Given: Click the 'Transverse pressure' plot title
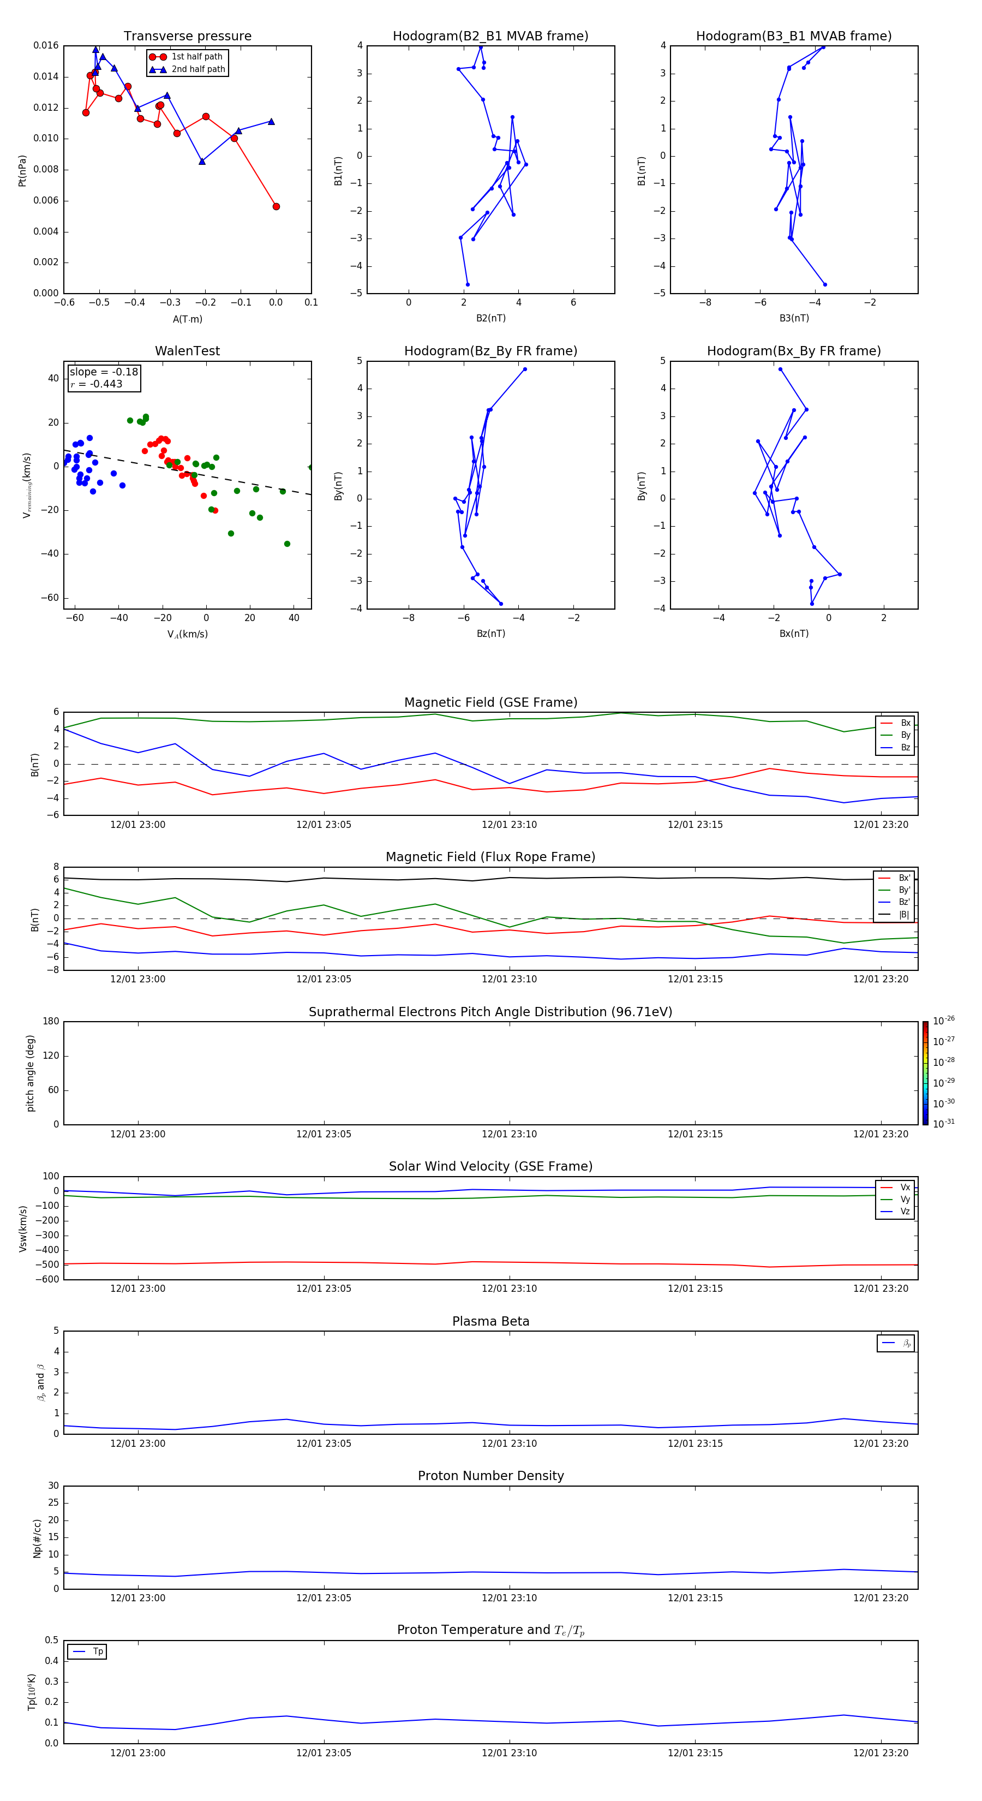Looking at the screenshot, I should coord(187,37).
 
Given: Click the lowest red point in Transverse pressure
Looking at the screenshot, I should coord(276,206).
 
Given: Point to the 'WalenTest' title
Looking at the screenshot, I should coord(187,351).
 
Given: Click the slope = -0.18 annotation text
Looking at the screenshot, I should coord(104,372).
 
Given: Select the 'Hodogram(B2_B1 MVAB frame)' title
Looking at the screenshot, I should coord(490,37).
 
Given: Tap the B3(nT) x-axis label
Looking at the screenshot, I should coord(794,318).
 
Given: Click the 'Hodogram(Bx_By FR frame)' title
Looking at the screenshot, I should coord(793,351).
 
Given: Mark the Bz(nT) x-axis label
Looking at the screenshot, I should coord(490,634).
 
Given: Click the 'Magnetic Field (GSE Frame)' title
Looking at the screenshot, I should coord(490,702).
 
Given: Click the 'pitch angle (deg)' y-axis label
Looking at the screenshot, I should coord(31,1073).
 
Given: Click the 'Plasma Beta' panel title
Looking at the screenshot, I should coord(490,1321).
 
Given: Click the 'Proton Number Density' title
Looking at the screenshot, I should coord(490,1476).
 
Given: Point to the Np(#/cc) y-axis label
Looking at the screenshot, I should coord(38,1538).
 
